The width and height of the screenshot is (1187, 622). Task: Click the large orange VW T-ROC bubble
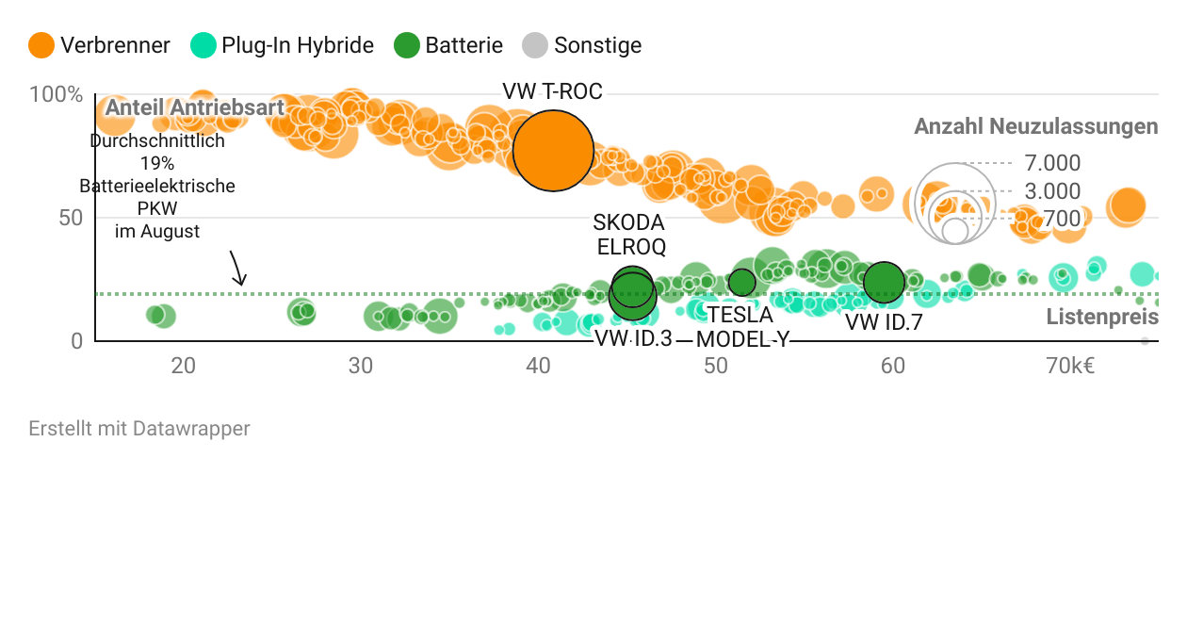pyautogui.click(x=553, y=151)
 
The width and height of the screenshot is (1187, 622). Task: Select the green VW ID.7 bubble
pyautogui.click(x=884, y=281)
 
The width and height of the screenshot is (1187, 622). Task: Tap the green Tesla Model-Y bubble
pyautogui.click(x=742, y=282)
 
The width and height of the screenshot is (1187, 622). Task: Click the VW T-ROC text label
pyautogui.click(x=552, y=91)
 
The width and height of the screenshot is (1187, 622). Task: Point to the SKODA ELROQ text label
pyautogui.click(x=629, y=235)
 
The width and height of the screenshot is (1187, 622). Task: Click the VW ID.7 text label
pyautogui.click(x=884, y=322)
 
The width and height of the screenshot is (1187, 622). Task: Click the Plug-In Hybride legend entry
pyautogui.click(x=283, y=45)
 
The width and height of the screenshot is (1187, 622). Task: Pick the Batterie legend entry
pyautogui.click(x=448, y=45)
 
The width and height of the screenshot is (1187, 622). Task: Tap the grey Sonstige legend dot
pyautogui.click(x=535, y=45)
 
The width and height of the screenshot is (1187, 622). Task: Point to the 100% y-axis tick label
pyautogui.click(x=57, y=94)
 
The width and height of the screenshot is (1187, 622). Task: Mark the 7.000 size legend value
pyautogui.click(x=1052, y=164)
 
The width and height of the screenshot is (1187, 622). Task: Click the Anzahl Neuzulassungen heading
pyautogui.click(x=1036, y=126)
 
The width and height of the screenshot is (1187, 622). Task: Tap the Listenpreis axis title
pyautogui.click(x=1102, y=317)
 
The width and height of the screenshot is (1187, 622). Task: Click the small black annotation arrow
pyautogui.click(x=237, y=269)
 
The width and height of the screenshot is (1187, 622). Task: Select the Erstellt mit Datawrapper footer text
pyautogui.click(x=139, y=429)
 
